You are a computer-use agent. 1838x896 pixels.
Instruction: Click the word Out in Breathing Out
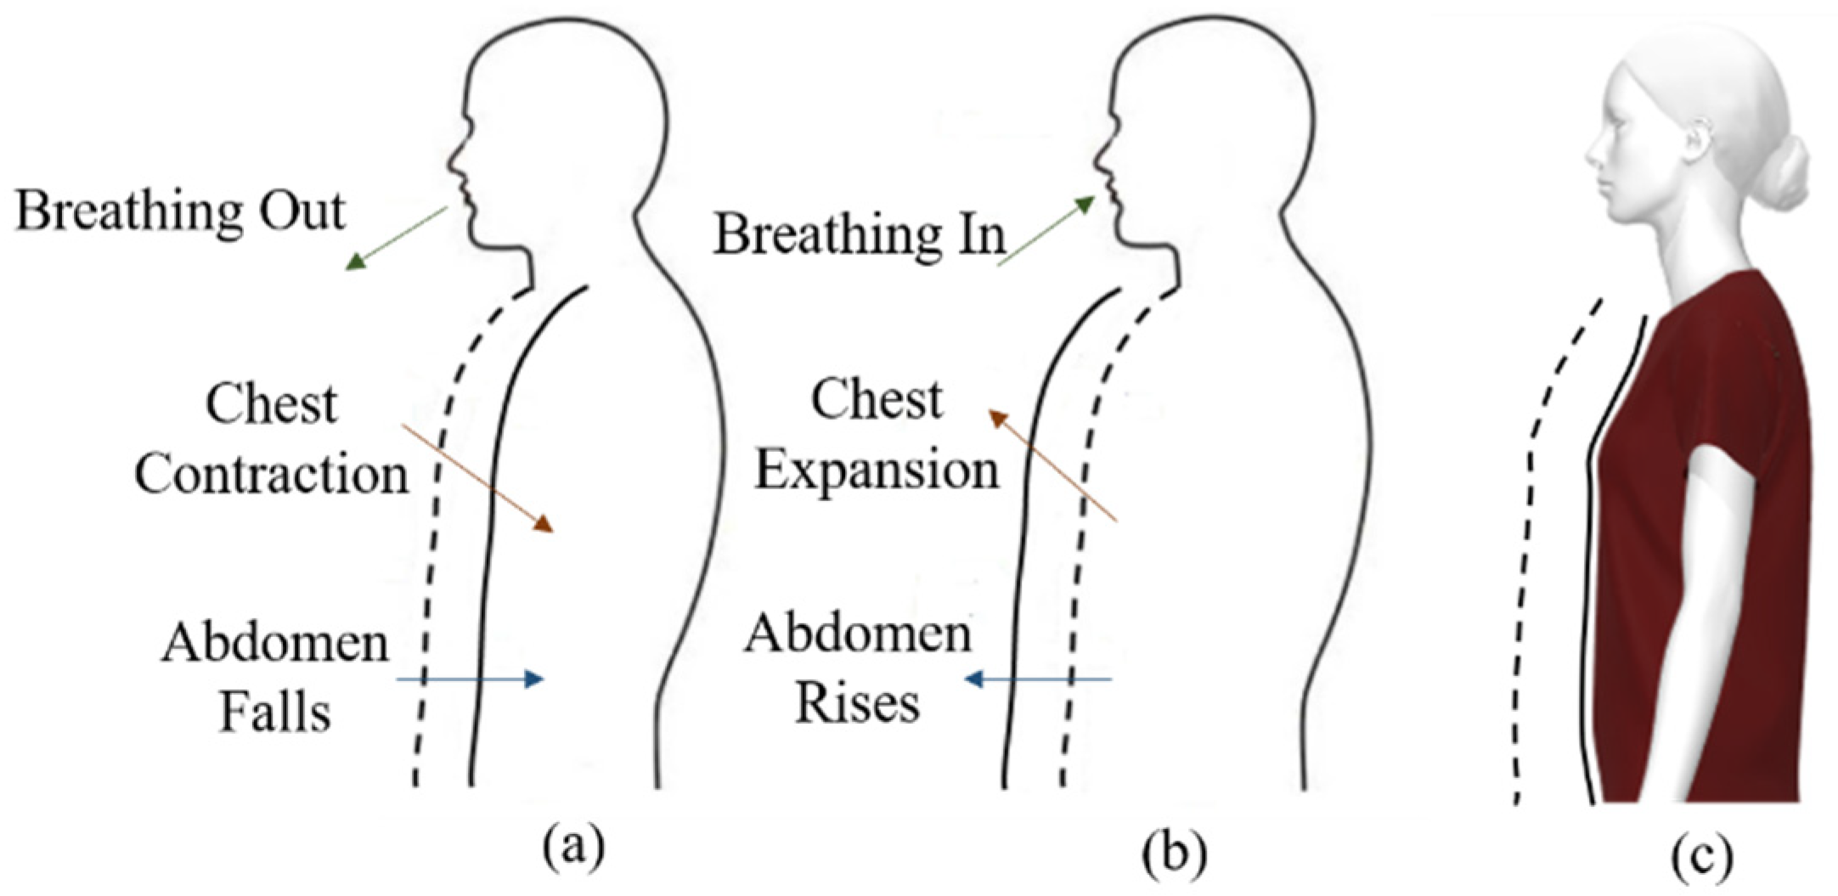302,211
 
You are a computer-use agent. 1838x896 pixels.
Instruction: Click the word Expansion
877,470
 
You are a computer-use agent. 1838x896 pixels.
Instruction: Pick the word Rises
857,704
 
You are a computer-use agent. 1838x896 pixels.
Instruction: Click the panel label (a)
575,848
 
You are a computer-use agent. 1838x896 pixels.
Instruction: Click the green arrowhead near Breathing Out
355,262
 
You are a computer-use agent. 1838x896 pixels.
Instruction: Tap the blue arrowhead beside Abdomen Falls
535,679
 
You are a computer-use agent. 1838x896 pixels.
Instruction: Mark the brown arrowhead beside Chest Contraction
544,524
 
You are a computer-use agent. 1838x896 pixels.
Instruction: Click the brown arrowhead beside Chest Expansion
997,417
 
